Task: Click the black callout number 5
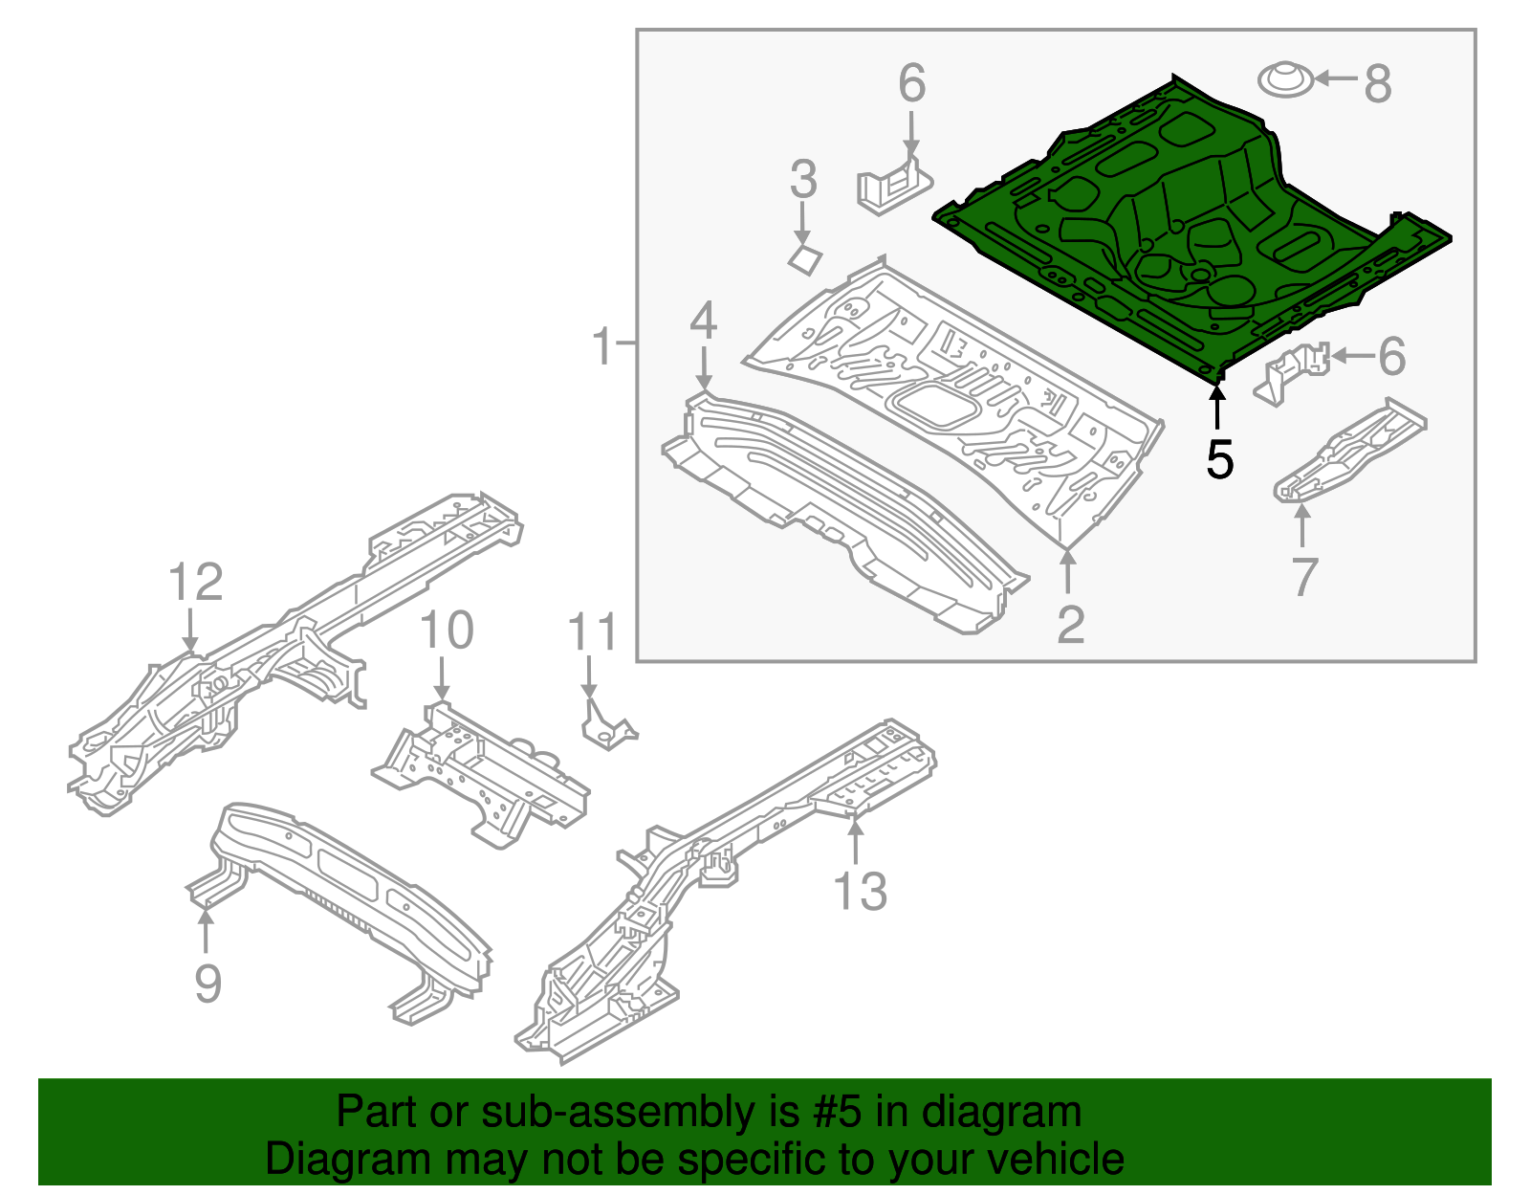1219,459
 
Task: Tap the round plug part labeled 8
1283,79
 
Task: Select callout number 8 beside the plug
1377,83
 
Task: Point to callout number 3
803,179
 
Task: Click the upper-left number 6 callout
911,83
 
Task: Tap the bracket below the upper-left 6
893,185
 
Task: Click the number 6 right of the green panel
1391,357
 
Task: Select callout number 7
1304,577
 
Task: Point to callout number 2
1070,625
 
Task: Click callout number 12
196,583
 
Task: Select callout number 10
447,631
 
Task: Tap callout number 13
861,892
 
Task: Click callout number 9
208,984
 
